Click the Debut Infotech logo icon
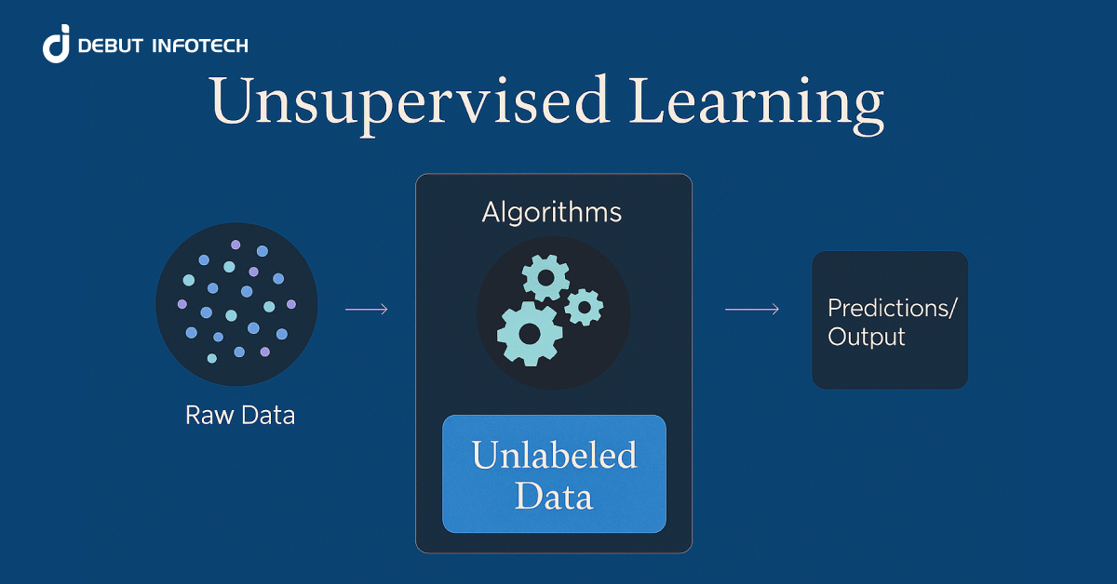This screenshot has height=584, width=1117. pos(57,44)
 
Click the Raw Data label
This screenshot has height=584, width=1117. pos(240,415)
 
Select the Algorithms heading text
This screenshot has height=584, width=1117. pos(552,212)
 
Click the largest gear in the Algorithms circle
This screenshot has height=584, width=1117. pos(530,333)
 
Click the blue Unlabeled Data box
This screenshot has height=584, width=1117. pos(554,473)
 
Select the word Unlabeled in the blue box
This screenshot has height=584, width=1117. pos(554,456)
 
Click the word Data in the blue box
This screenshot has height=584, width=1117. pos(554,496)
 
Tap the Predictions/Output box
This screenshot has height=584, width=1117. pos(890,319)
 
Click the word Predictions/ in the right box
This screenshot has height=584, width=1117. pos(891,308)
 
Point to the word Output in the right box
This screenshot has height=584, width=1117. pos(867,337)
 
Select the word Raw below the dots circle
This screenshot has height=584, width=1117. pos(206,415)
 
